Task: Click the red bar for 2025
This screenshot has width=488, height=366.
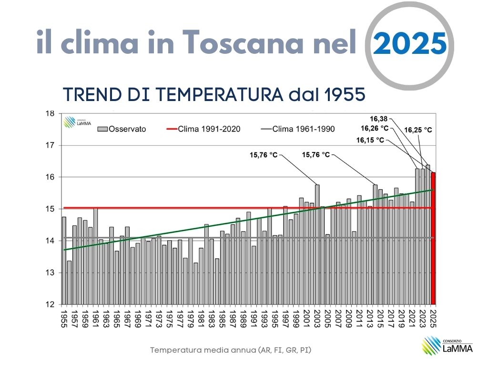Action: (433, 238)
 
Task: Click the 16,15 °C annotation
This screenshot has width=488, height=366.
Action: (370, 140)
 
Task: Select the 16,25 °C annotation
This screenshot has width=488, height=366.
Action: (418, 129)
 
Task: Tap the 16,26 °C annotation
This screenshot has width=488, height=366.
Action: (375, 128)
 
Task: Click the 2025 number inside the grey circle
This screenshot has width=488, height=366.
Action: (410, 44)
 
